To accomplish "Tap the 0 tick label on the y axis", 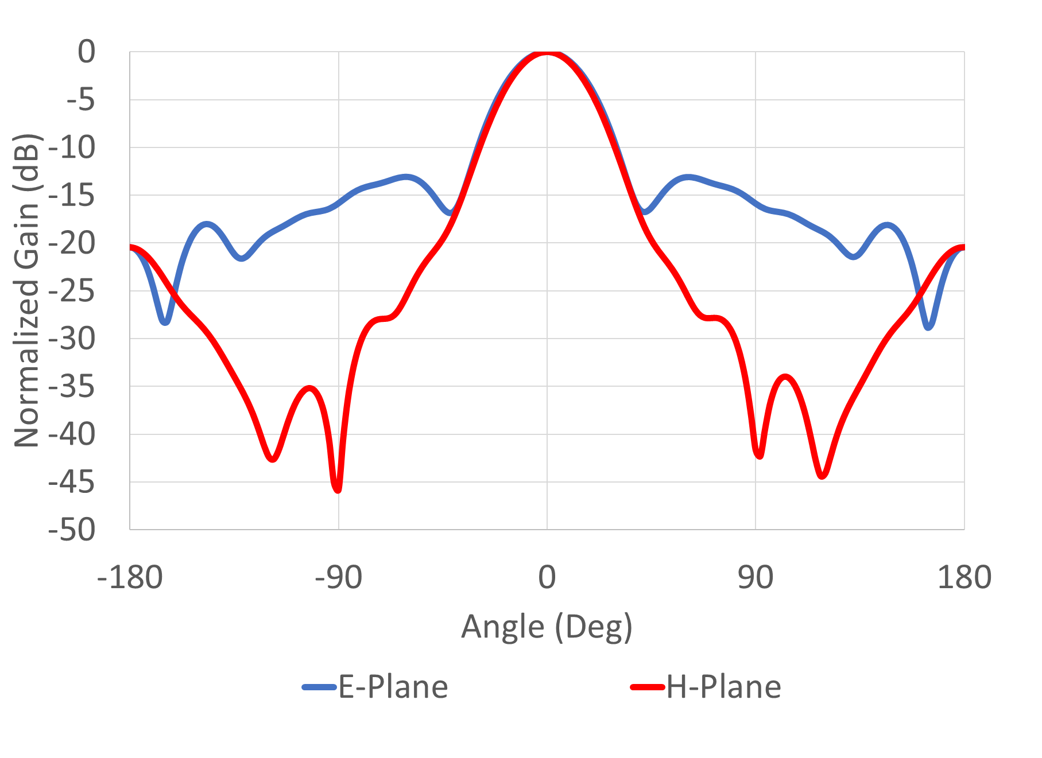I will tap(87, 52).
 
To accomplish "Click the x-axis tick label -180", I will tap(130, 577).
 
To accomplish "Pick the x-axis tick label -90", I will tap(339, 577).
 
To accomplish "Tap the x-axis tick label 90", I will tap(756, 577).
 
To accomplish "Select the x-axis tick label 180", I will tap(964, 577).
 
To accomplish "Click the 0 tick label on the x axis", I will tap(547, 577).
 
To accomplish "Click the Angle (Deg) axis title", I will tap(547, 627).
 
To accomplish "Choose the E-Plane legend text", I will tap(393, 687).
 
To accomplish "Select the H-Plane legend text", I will tap(723, 687).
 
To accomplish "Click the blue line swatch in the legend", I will tap(319, 687).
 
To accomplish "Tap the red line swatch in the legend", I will tap(648, 687).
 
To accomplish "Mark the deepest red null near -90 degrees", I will tap(338, 489).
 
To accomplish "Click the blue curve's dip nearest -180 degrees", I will tap(165, 322).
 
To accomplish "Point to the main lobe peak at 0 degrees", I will tap(547, 53).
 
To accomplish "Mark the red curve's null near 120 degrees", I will tap(822, 475).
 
